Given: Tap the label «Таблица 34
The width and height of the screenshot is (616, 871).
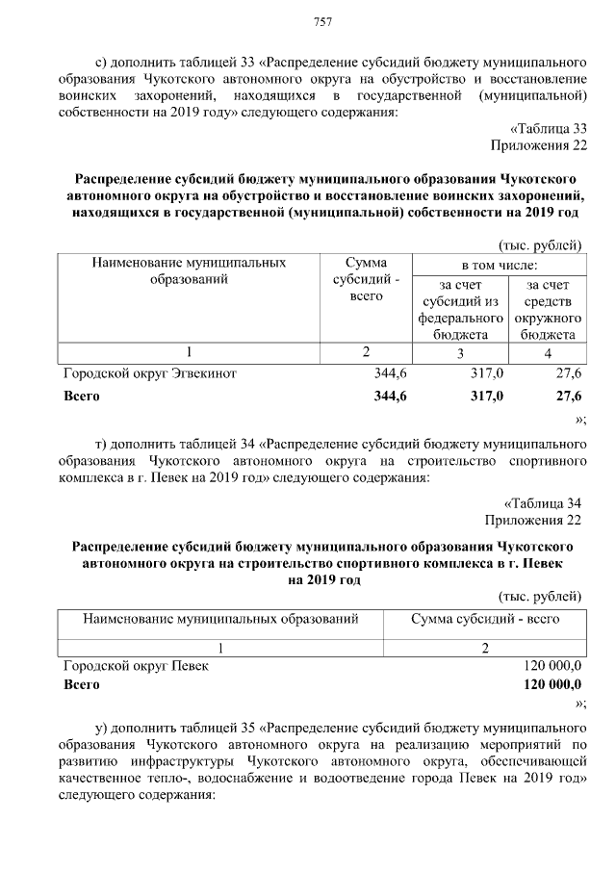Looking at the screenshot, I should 544,503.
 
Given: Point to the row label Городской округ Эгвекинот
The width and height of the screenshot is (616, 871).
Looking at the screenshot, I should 149,372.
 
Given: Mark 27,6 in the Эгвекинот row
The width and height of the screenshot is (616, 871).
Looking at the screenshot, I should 568,372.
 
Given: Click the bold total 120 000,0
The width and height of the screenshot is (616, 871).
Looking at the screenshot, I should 552,685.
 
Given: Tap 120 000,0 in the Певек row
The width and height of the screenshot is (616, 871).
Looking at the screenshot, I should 552,665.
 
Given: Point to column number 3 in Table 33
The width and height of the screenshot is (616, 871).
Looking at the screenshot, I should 459,353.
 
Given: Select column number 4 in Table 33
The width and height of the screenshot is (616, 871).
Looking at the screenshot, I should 548,353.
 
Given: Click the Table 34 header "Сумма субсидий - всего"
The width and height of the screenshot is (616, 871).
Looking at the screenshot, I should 485,619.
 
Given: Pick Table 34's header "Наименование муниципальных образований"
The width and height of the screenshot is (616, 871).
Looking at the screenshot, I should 220,619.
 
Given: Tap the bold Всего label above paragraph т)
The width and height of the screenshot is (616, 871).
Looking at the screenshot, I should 81,396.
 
